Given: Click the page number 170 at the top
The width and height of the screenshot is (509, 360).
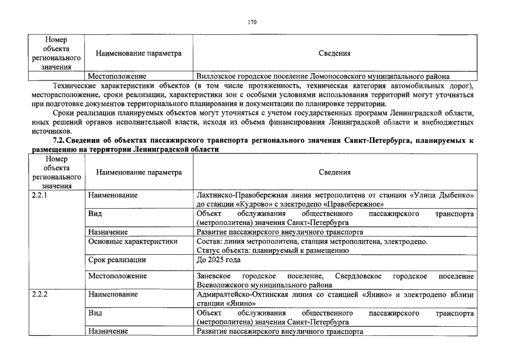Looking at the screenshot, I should coord(252,22).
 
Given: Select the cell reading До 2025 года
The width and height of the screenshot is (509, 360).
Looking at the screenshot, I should coord(218,260).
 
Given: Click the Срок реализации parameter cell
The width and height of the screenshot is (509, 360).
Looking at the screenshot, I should coord(117,260).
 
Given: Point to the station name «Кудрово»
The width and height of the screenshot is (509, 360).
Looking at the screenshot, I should coord(255,204).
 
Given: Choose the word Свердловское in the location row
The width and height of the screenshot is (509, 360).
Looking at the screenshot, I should coord(358,276).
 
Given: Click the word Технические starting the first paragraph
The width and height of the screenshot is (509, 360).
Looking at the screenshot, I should coord(75,85).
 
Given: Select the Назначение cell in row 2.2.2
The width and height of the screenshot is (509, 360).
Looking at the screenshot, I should coord(108,331).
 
